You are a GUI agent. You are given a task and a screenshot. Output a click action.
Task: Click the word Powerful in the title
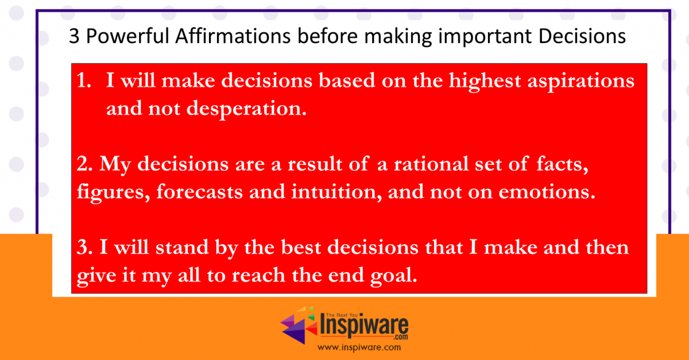127,36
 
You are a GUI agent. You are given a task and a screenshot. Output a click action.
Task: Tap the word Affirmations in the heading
233,36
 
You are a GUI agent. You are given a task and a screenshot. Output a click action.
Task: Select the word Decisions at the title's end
582,36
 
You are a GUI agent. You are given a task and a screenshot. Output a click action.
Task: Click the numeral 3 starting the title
74,36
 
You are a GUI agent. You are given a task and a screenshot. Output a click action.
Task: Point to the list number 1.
84,80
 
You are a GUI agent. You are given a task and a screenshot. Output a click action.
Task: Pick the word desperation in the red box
246,109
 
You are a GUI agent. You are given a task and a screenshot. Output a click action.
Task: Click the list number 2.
84,164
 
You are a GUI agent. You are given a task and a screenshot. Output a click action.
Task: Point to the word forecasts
199,192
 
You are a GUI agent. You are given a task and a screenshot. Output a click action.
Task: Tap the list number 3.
84,247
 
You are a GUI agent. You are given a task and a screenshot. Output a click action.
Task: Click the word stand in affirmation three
182,247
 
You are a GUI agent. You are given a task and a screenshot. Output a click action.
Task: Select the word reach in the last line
258,276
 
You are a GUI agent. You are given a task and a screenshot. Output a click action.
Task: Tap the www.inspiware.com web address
359,348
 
